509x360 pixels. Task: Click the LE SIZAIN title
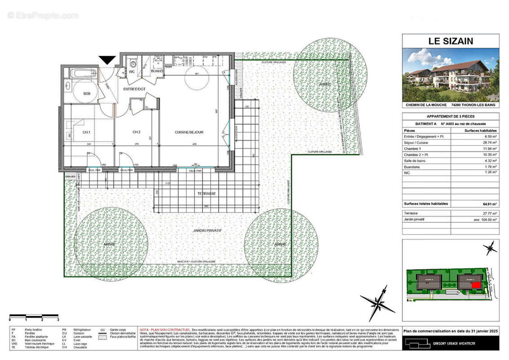pos(451,41)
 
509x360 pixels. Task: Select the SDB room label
pos(87,93)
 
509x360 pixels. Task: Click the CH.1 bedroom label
pos(86,132)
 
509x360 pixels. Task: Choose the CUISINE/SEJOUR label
pos(189,132)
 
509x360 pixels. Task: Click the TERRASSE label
pos(206,193)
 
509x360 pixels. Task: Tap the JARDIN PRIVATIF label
pos(207,230)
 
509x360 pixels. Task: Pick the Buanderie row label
pos(413,166)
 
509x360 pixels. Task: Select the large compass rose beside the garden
pos(378,303)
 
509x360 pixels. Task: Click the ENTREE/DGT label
pos(135,89)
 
